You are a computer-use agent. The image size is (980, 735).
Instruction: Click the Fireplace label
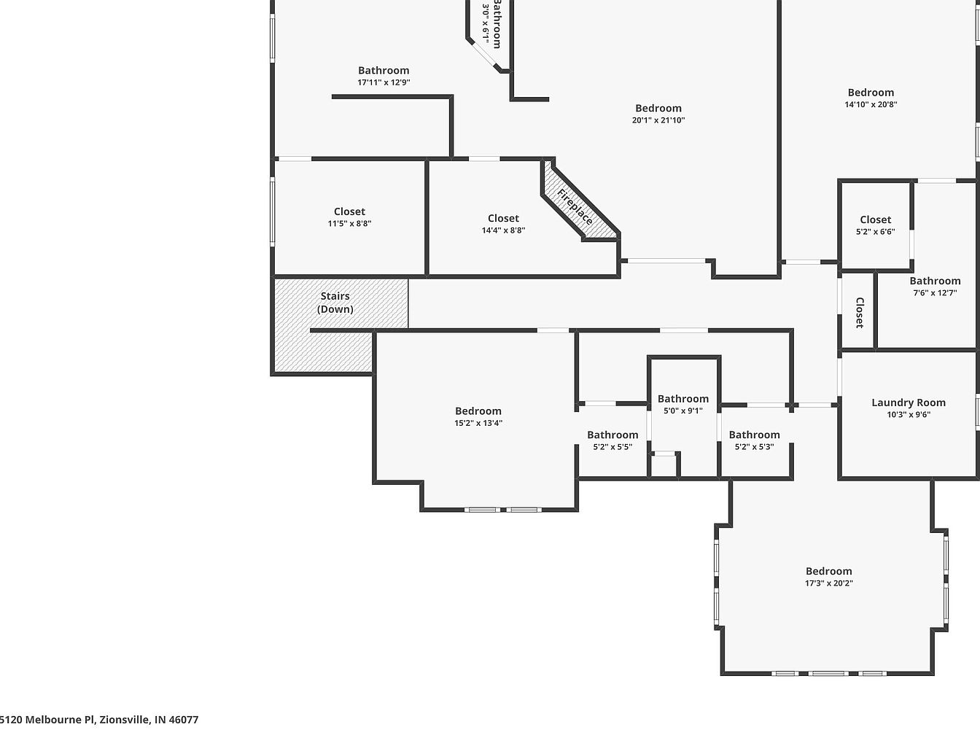575,207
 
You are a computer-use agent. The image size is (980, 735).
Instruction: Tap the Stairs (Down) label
335,303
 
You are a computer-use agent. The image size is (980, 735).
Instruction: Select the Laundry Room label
909,402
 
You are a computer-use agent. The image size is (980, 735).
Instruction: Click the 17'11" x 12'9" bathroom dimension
384,82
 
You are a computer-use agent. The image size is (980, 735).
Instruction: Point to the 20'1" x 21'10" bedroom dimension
658,120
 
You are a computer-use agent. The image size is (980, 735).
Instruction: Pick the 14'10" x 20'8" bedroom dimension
871,104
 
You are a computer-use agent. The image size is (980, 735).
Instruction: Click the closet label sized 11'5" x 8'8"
349,211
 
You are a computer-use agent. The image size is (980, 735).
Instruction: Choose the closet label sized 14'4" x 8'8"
503,218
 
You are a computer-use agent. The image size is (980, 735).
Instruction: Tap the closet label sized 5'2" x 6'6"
876,219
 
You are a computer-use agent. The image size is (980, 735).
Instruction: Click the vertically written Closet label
860,313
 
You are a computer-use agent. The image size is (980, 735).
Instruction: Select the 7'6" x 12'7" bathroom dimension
935,292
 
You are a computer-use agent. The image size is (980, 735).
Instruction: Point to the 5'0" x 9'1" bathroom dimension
683,411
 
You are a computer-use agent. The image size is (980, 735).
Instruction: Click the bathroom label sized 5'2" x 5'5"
612,435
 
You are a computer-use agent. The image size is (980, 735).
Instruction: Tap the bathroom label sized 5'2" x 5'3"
755,435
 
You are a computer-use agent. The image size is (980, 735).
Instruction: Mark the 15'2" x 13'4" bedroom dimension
478,423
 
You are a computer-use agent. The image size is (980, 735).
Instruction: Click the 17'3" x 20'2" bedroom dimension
828,583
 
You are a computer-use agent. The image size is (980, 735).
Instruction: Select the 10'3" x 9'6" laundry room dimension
909,415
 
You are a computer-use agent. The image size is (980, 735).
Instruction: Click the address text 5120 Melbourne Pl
47,720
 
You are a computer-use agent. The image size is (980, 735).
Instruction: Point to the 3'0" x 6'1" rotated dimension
486,20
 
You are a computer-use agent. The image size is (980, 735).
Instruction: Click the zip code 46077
184,720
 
